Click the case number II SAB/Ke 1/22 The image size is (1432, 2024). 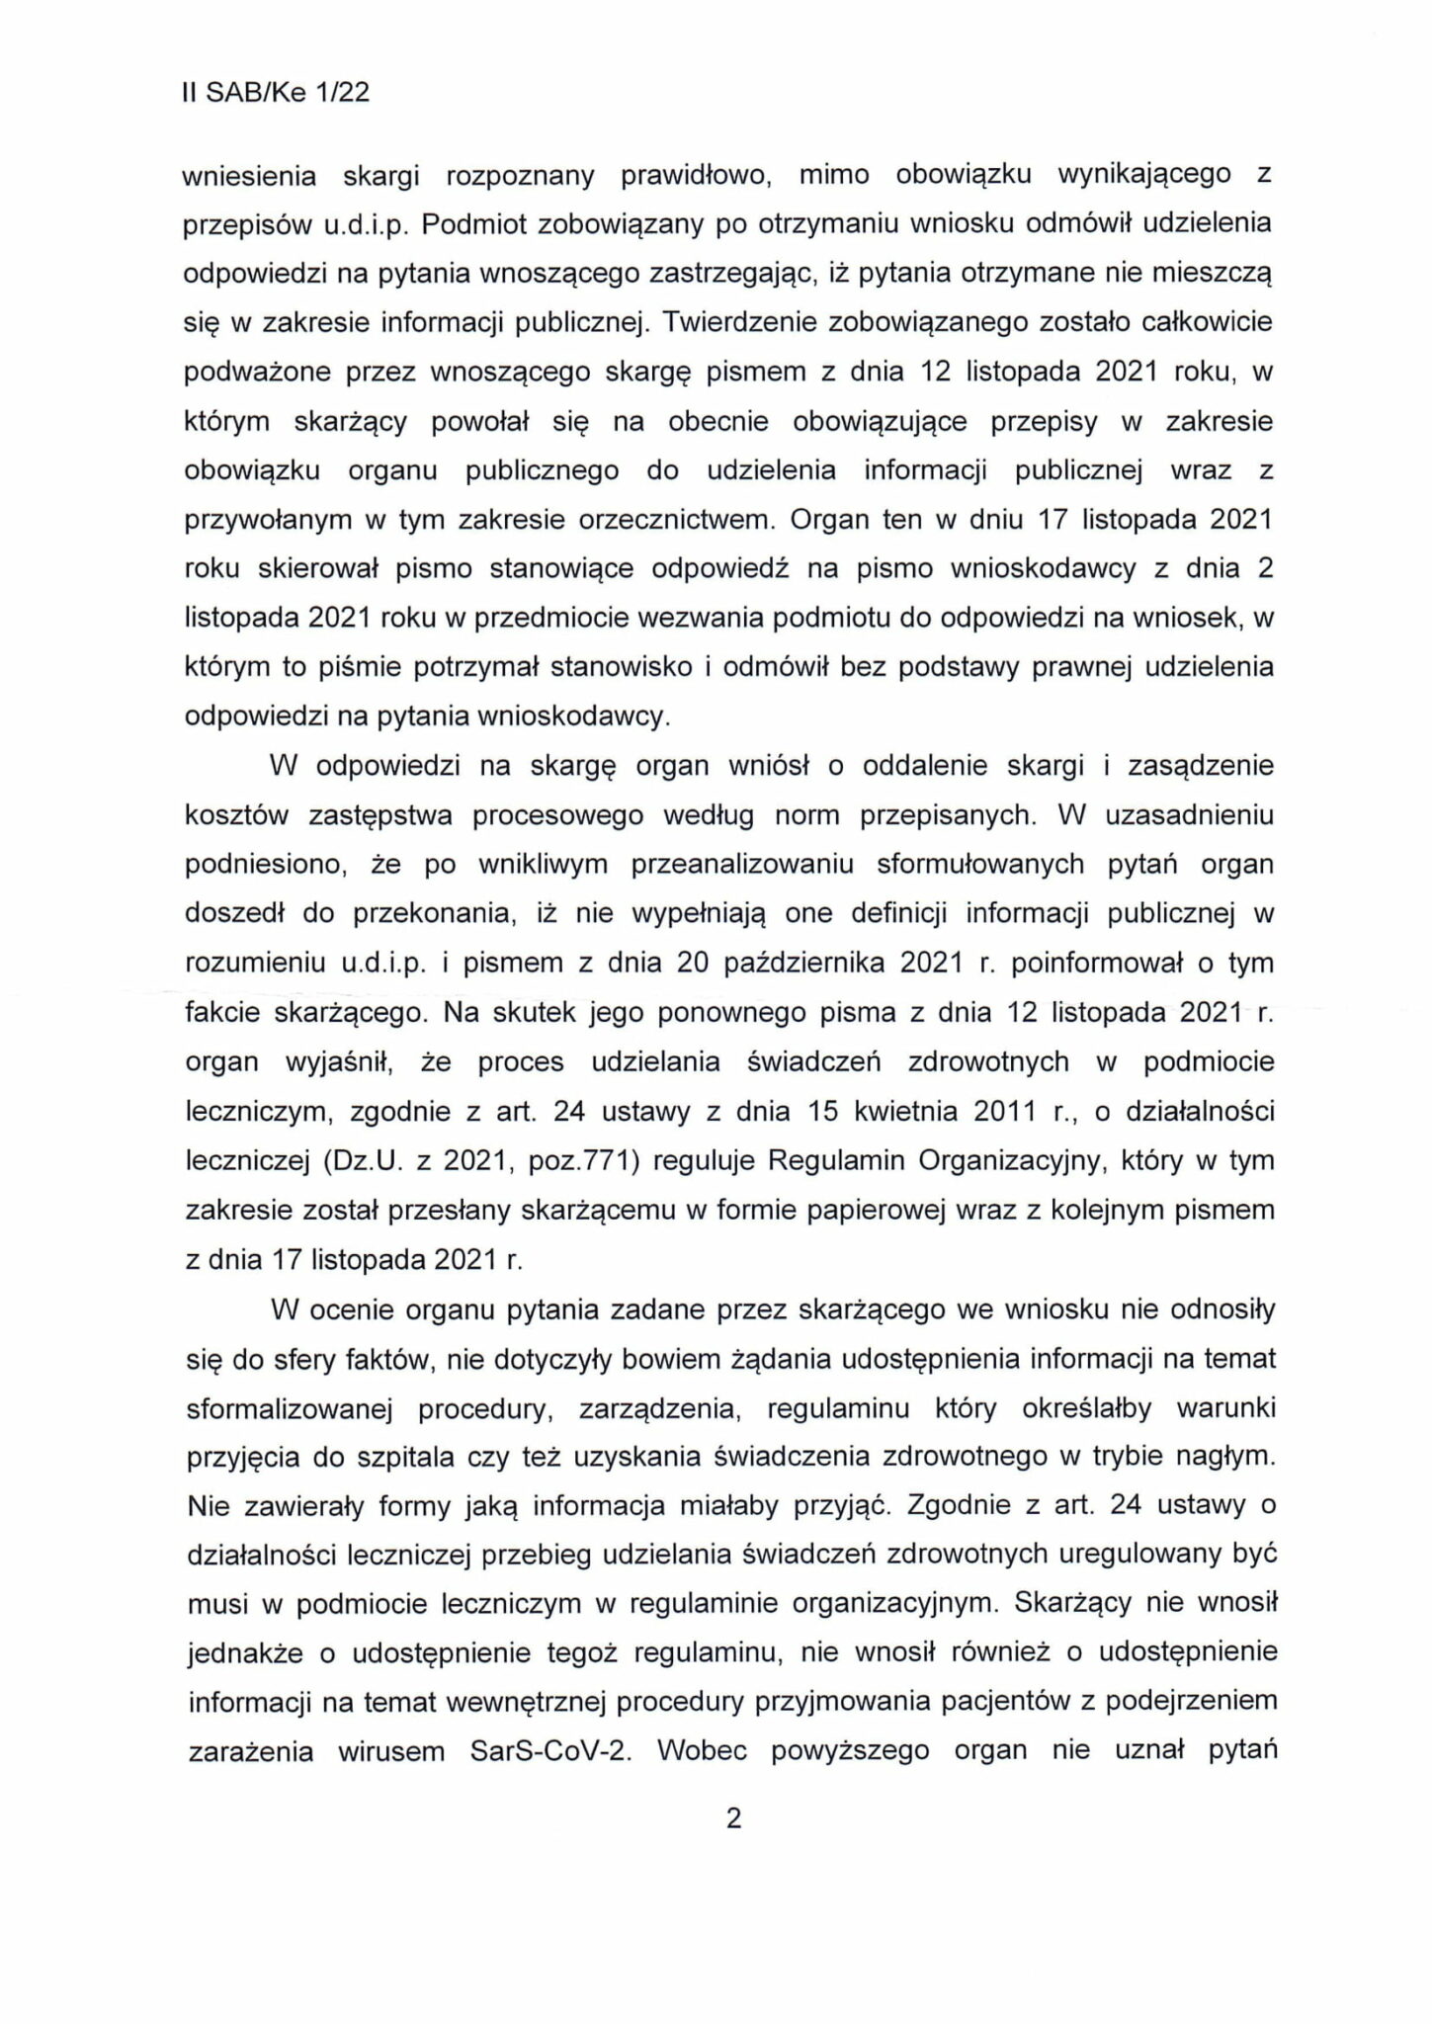[276, 93]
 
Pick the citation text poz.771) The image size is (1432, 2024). [587, 1160]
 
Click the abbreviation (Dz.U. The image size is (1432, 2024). [362, 1160]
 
